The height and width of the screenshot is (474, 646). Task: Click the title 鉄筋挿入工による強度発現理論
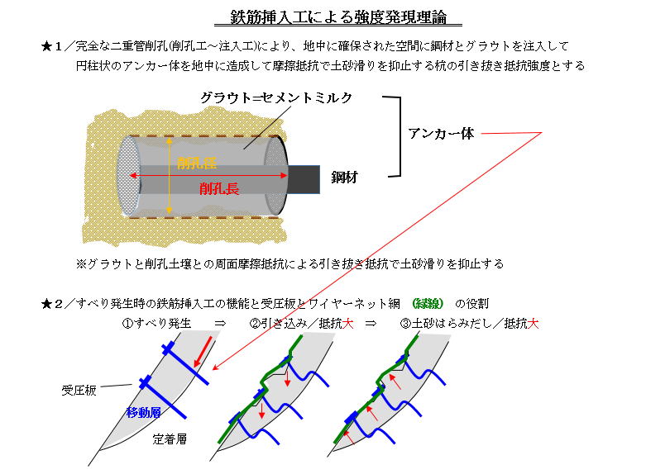[x=338, y=17]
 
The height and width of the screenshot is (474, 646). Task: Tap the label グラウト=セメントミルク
[x=276, y=97]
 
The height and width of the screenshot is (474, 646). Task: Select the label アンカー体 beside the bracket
[x=441, y=133]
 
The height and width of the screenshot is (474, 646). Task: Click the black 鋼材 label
[x=344, y=178]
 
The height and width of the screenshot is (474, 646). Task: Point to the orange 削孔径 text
[x=197, y=164]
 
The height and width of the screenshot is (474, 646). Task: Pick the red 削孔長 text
[x=218, y=189]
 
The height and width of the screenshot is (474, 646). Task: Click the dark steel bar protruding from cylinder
[x=304, y=179]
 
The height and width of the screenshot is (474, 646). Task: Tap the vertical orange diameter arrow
[x=169, y=176]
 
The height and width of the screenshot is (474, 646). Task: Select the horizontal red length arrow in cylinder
[x=208, y=176]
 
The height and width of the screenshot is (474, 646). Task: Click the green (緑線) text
[x=428, y=304]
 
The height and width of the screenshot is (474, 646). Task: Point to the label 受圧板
[x=79, y=390]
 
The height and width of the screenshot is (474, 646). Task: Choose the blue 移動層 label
[x=143, y=412]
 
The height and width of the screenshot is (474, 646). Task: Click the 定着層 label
[x=170, y=439]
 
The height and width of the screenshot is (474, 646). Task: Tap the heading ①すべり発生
[x=156, y=324]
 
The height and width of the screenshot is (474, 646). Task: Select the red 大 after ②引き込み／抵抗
[x=347, y=324]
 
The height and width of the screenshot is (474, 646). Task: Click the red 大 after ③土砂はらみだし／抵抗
[x=534, y=324]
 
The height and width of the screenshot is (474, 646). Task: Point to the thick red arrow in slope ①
[x=203, y=352]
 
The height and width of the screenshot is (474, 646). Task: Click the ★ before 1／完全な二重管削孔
[x=45, y=46]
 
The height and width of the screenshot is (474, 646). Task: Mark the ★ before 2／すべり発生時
[x=45, y=304]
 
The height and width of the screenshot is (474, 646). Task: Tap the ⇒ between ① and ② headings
[x=220, y=324]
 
